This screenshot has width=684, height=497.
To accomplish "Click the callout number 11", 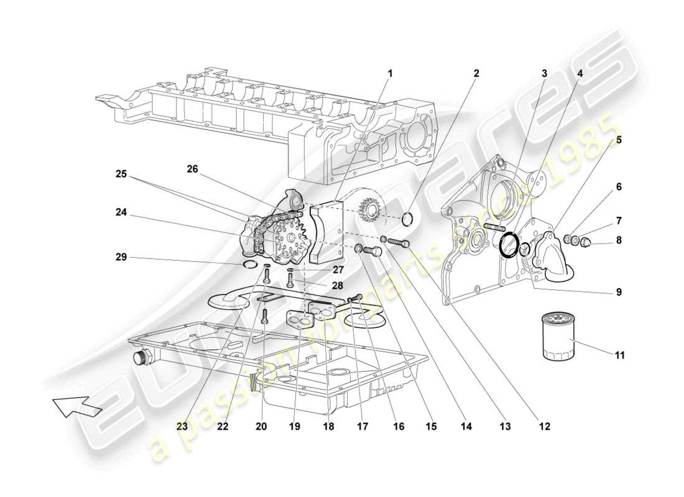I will [619, 356].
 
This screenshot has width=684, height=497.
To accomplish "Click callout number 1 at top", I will [390, 73].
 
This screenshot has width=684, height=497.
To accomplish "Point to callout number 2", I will [476, 73].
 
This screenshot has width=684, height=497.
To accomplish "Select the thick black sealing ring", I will [509, 245].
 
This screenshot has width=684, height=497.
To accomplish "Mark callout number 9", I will [619, 291].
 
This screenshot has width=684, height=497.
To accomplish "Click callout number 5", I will [619, 140].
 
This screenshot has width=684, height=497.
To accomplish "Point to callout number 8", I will [619, 240].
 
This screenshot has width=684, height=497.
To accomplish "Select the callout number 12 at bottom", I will [544, 426].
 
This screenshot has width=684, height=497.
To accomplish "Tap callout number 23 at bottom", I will [181, 426].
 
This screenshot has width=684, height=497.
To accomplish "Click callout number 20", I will [261, 426].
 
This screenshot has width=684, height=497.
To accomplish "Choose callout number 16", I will [398, 426].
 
